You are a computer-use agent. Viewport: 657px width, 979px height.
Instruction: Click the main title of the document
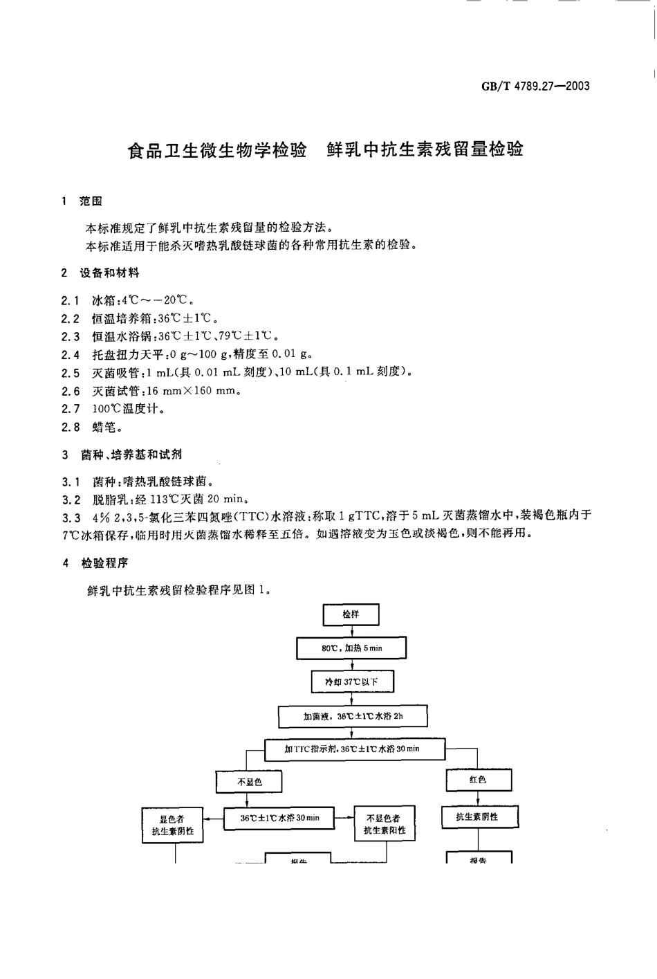coord(326,149)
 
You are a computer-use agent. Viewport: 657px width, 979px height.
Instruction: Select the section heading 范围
coord(91,201)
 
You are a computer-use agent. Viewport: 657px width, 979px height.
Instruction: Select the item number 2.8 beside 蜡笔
coord(71,427)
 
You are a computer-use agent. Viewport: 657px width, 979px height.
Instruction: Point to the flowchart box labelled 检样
coord(351,614)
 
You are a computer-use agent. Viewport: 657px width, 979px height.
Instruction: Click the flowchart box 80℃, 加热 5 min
coord(351,648)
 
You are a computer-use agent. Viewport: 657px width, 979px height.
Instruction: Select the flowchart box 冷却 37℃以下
coord(352,681)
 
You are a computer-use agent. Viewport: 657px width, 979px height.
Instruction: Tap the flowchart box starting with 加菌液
coord(353,717)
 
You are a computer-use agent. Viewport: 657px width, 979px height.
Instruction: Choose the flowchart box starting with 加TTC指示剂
coord(353,749)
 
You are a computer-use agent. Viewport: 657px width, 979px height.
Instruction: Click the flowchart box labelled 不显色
coord(250,781)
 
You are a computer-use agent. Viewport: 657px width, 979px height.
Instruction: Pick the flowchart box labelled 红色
coord(478,780)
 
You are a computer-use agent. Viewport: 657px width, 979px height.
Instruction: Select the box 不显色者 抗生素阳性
coord(385,824)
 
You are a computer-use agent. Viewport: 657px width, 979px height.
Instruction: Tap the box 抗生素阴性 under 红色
coord(477,817)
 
